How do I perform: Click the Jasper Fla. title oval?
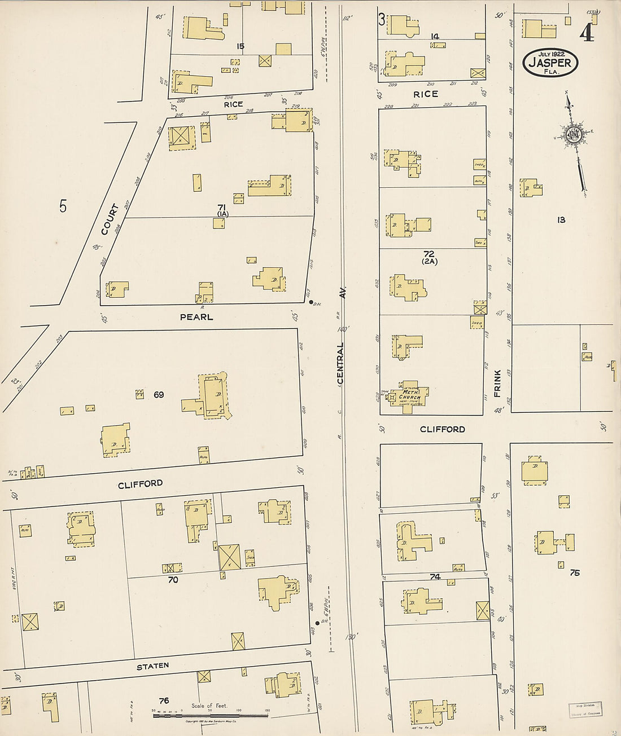click(x=550, y=63)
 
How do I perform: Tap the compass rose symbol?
click(x=574, y=135)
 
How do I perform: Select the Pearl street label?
click(x=196, y=317)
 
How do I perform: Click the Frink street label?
click(x=498, y=384)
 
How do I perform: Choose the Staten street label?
click(x=152, y=666)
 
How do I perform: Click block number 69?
click(x=159, y=395)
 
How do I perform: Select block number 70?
click(x=173, y=579)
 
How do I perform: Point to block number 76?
click(x=164, y=700)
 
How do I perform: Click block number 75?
click(x=575, y=572)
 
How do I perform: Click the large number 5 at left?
click(x=63, y=206)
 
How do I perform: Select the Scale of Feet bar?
click(x=211, y=716)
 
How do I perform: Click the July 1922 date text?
click(x=550, y=54)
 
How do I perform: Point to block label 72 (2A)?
click(x=429, y=257)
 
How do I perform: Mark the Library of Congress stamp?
click(x=585, y=709)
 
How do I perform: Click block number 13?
click(x=561, y=220)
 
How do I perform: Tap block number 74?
click(x=435, y=576)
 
